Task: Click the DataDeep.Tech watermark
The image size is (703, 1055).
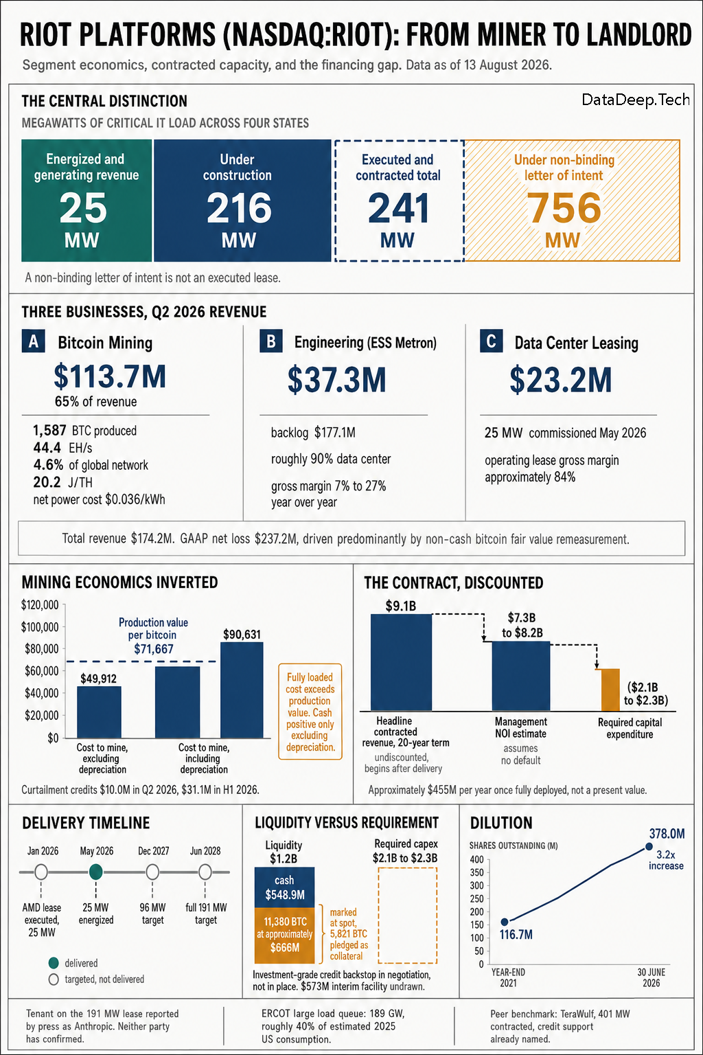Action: click(636, 100)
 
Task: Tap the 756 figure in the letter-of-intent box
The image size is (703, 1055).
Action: click(564, 207)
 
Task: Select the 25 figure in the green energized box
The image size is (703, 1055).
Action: click(83, 207)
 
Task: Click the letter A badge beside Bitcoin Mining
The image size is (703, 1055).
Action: click(34, 341)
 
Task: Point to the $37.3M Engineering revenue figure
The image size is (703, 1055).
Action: click(336, 380)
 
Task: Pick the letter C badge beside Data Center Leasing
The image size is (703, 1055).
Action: click(491, 341)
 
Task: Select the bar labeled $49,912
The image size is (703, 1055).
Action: click(99, 712)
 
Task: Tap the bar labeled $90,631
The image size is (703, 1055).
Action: click(242, 690)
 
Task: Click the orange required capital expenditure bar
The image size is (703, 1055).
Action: click(610, 690)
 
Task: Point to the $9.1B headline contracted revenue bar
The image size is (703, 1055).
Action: click(401, 662)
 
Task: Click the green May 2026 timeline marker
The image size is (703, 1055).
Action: click(96, 872)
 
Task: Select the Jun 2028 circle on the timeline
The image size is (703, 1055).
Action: click(205, 872)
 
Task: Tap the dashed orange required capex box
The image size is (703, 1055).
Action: click(408, 867)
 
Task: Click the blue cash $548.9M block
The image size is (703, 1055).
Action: click(284, 887)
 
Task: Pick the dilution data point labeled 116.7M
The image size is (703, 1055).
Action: click(505, 922)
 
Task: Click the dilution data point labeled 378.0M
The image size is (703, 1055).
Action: click(649, 846)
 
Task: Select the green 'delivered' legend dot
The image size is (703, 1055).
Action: click(54, 963)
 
